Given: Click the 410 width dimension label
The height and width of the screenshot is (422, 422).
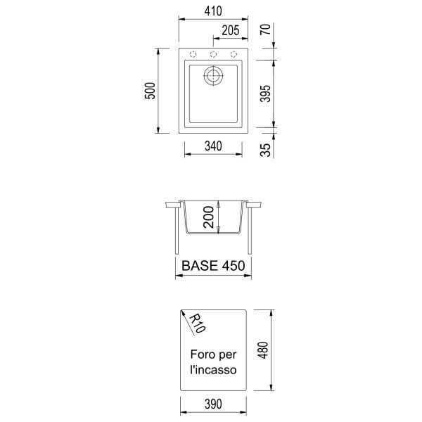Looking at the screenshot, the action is [213, 11].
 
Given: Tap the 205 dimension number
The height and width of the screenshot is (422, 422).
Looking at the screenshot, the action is [231, 30].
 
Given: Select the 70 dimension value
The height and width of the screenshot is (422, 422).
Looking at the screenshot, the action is [266, 30].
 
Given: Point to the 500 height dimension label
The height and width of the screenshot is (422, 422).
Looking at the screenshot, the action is [150, 91].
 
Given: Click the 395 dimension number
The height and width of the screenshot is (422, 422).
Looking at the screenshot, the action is [265, 94].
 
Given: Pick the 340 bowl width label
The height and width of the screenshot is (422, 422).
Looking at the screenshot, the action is [213, 146].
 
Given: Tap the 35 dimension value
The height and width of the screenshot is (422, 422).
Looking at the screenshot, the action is [266, 150].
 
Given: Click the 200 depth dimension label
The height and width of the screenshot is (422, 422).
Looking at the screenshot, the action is [209, 217].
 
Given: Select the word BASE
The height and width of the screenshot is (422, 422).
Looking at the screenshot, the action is [200, 266].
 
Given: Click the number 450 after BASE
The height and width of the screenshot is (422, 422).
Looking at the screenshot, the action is [234, 266].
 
